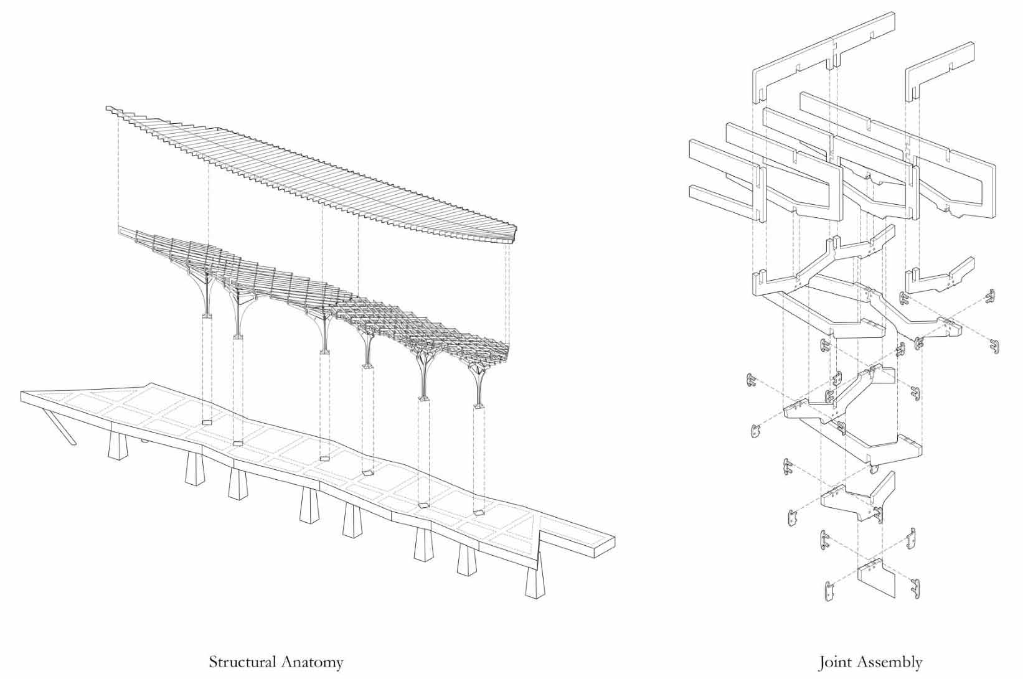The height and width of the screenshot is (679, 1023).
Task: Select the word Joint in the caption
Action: click(x=832, y=662)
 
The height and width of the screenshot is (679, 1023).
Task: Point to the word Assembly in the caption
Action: click(x=888, y=662)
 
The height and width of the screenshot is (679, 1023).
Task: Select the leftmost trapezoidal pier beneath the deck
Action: click(x=116, y=446)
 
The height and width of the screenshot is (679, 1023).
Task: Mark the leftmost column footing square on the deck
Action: click(x=207, y=423)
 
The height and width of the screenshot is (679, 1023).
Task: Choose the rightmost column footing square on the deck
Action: click(x=479, y=512)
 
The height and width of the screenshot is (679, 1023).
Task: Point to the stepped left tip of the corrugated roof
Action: click(x=113, y=111)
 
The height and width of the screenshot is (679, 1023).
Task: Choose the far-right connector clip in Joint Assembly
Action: click(x=992, y=346)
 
